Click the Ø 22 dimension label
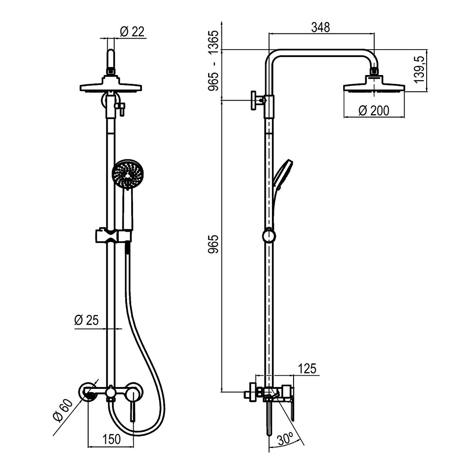(133, 31)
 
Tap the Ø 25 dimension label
(86, 320)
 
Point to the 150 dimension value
(111, 439)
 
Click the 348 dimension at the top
(320, 27)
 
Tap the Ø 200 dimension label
(374, 110)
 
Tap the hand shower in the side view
(282, 175)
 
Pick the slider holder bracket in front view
(113, 235)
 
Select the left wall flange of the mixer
(88, 393)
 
